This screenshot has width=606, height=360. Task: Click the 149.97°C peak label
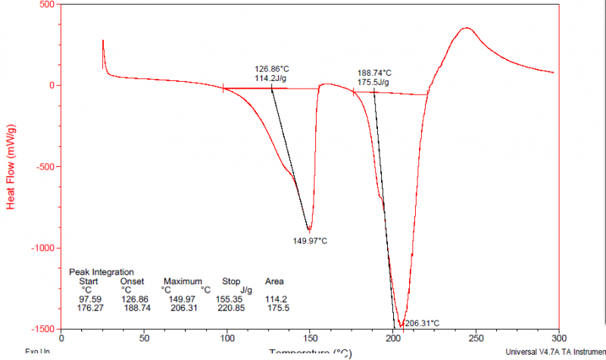click(x=310, y=241)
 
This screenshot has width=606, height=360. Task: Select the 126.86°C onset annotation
click(x=272, y=68)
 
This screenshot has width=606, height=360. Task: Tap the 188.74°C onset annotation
click(x=374, y=74)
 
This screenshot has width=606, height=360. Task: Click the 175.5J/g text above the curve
click(x=373, y=83)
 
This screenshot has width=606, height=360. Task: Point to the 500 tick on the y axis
click(x=46, y=5)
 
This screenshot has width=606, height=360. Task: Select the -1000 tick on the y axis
click(x=42, y=248)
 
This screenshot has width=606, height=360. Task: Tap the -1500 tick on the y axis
click(x=42, y=329)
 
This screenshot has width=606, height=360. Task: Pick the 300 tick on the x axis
click(x=558, y=338)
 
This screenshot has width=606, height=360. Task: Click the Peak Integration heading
click(x=102, y=271)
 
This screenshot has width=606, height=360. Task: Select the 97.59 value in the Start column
click(x=89, y=299)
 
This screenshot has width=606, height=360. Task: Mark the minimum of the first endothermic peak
click(x=309, y=230)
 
